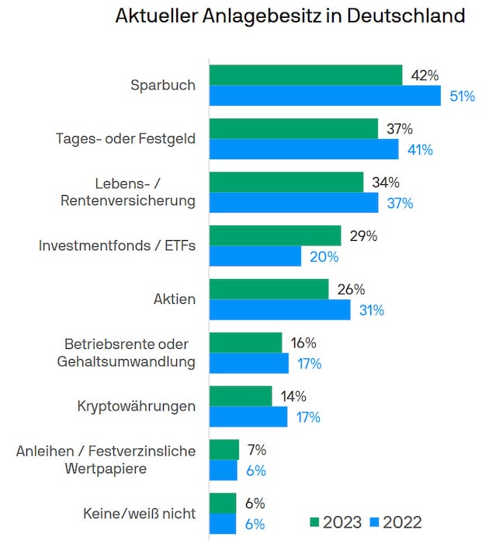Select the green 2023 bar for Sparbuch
[x=306, y=75]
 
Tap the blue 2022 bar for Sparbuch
[x=326, y=96]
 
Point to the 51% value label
[x=463, y=96]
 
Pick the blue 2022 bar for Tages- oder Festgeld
[x=304, y=149]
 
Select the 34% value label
[x=385, y=183]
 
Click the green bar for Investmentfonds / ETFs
[x=275, y=235]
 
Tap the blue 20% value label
[x=324, y=256]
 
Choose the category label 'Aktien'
[x=175, y=299]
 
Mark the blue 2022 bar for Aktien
[x=280, y=310]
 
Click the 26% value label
[x=351, y=290]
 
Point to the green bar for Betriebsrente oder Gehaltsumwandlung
[x=246, y=343]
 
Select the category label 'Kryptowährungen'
[x=137, y=406]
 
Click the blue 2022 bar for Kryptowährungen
[x=248, y=417]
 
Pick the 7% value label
[x=256, y=449]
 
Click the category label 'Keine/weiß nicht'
[x=139, y=514]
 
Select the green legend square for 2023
[x=314, y=521]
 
